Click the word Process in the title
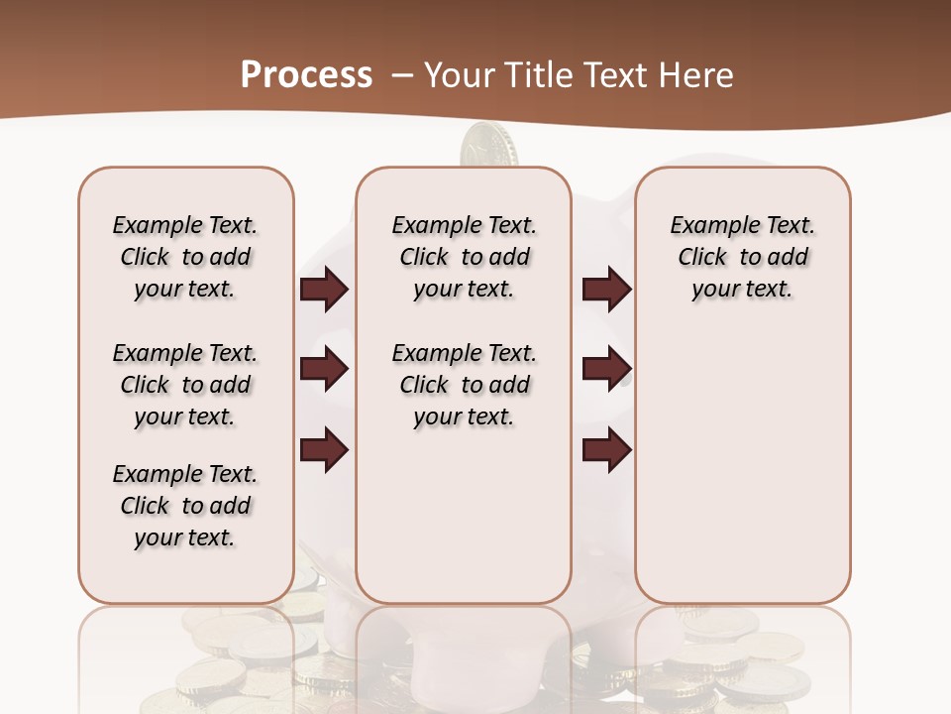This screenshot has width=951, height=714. coord(306,74)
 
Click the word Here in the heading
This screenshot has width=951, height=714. coord(697,75)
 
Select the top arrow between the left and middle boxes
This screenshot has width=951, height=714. coord(324,289)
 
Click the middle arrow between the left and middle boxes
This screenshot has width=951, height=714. coord(324,369)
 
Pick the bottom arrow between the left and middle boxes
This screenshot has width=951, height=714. coord(324,450)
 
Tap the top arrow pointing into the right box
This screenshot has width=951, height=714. coord(606,289)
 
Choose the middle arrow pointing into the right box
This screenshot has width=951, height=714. coord(606,369)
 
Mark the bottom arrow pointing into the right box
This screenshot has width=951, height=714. coord(606,450)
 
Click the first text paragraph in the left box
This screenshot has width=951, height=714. coord(185,257)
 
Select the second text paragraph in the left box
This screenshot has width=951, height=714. coord(185,385)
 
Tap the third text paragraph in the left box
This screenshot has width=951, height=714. coord(185,506)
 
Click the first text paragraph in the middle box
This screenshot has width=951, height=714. coord(464,257)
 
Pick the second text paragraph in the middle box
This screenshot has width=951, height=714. coord(464,385)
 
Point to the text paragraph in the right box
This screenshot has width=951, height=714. coord(742,257)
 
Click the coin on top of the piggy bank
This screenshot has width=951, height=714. coord(490,144)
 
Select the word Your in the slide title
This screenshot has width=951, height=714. coord(461,75)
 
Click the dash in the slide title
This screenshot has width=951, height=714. coord(402,74)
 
